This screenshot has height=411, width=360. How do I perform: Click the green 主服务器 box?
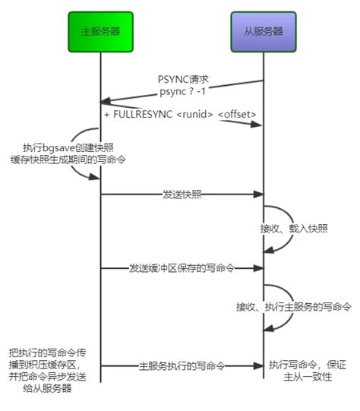tap(99, 32)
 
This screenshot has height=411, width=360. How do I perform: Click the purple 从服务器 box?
tap(263, 32)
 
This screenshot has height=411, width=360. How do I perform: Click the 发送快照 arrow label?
tap(182, 194)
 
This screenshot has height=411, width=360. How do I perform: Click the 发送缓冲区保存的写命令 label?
tap(182, 268)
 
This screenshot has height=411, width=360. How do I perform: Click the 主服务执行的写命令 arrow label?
tap(182, 365)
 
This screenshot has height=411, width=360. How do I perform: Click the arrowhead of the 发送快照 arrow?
tap(257, 194)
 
